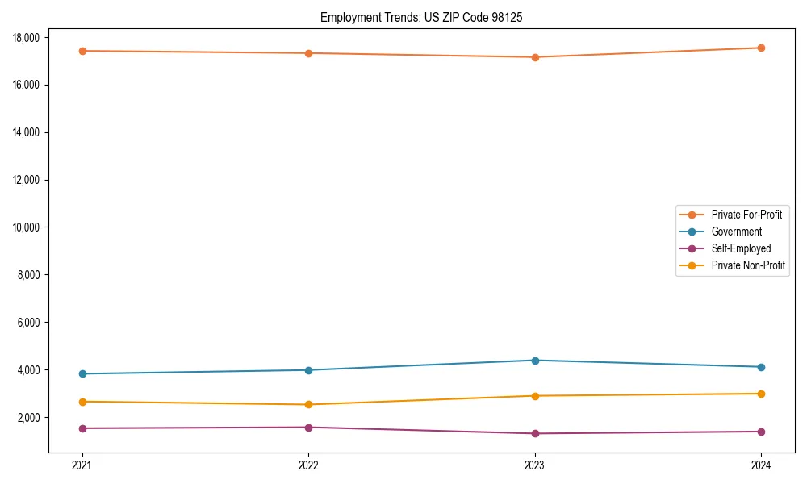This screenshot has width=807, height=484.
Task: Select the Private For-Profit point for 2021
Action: click(82, 51)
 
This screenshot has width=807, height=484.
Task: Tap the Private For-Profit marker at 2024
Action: click(761, 48)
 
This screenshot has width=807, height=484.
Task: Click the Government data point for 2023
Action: click(535, 361)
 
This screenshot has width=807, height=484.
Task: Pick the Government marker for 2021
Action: click(82, 373)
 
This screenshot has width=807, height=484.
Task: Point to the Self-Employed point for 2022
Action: click(308, 428)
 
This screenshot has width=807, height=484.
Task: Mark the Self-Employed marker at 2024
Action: click(761, 432)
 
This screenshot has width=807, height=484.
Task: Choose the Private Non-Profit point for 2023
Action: click(535, 396)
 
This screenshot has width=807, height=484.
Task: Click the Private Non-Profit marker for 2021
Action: click(82, 402)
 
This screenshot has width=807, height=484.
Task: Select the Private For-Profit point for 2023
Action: click(535, 57)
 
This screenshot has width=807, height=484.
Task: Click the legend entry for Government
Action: click(736, 232)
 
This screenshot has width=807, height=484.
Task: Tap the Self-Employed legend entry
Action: click(741, 248)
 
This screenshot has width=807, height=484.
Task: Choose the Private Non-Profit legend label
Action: click(748, 265)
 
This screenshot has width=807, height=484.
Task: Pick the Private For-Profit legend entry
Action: click(746, 215)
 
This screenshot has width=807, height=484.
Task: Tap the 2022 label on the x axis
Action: click(308, 465)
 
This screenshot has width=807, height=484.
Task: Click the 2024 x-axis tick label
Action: click(761, 465)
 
